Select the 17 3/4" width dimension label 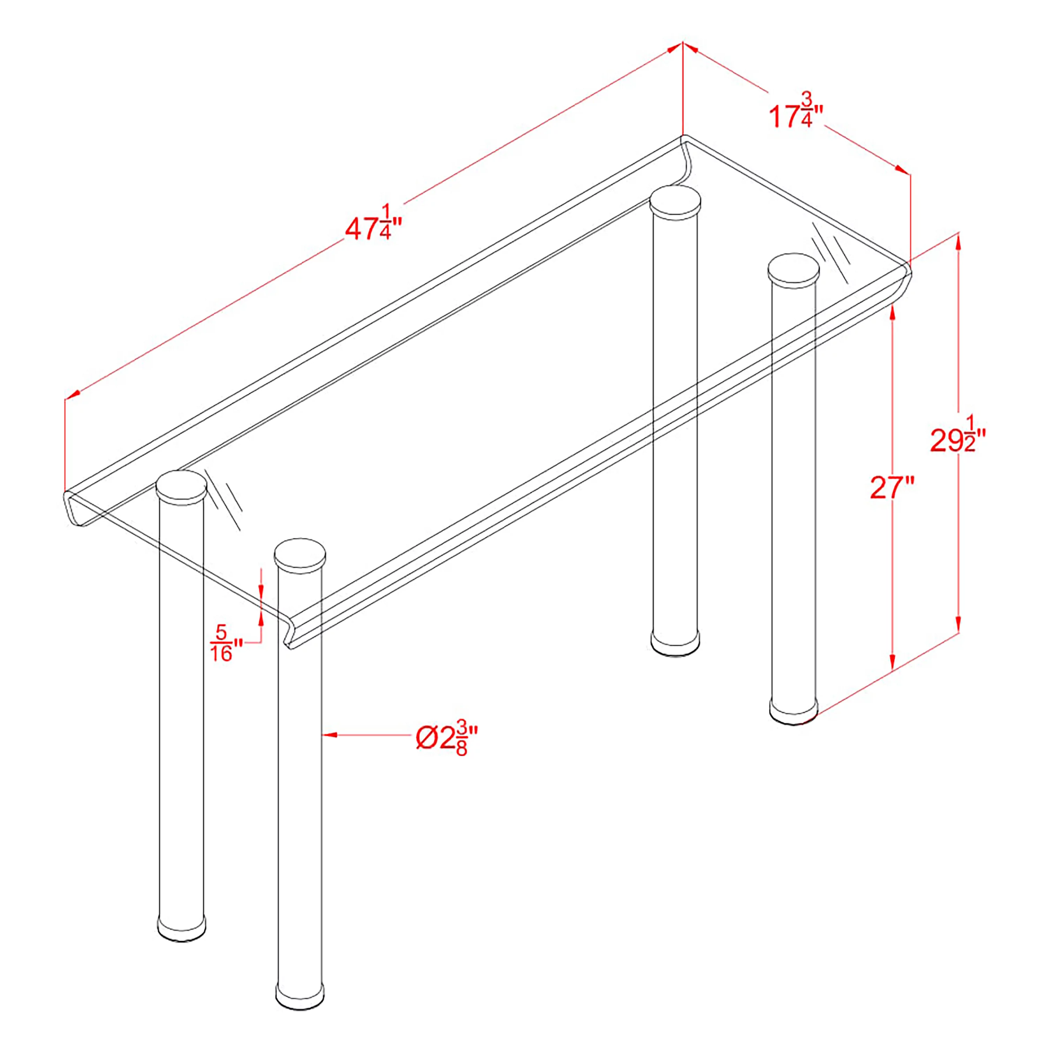coord(796,112)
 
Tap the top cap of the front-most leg coord(300,554)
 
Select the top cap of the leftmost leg coord(181,486)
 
